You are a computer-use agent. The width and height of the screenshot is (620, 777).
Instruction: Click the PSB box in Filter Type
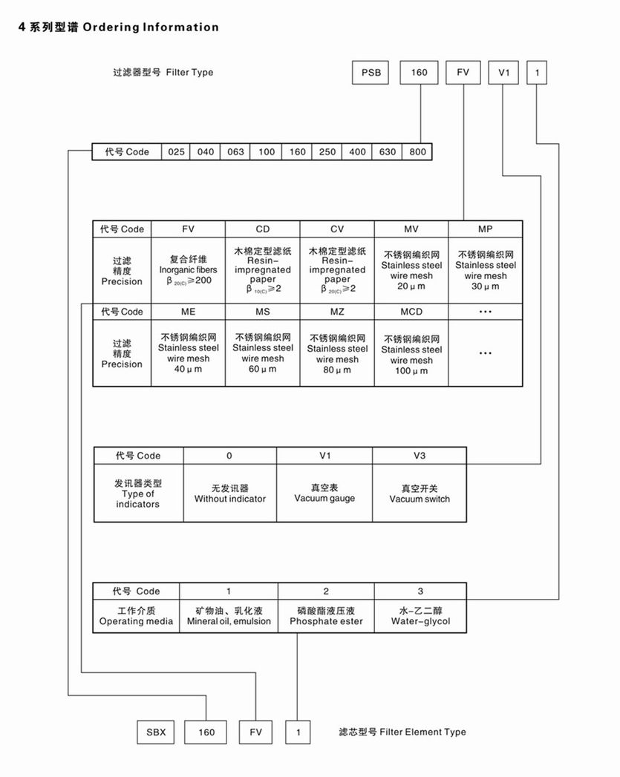pyautogui.click(x=371, y=73)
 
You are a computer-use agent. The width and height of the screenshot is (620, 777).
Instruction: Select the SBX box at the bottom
pyautogui.click(x=156, y=732)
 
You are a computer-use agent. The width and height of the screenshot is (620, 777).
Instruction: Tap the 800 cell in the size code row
pyautogui.click(x=417, y=152)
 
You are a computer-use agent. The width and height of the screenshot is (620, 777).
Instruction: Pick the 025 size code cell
pyautogui.click(x=176, y=152)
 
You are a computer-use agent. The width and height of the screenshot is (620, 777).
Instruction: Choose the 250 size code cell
pyautogui.click(x=327, y=152)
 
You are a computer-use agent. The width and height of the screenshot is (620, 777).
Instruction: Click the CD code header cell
pyautogui.click(x=263, y=229)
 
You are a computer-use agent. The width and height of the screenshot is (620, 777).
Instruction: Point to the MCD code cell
pyautogui.click(x=411, y=312)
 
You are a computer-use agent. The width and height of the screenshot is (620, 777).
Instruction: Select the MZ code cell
pyautogui.click(x=337, y=312)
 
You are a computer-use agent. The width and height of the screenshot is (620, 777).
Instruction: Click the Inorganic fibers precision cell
pyautogui.click(x=189, y=271)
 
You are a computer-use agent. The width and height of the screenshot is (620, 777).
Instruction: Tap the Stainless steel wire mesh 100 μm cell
pyautogui.click(x=411, y=353)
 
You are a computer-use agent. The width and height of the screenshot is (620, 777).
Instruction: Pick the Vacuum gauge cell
pyautogui.click(x=324, y=494)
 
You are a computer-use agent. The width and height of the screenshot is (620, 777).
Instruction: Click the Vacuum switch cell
pyautogui.click(x=420, y=494)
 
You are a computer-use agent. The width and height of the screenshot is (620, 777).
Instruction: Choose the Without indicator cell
pyautogui.click(x=230, y=494)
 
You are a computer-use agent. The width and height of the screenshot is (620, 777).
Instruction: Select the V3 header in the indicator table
pyautogui.click(x=420, y=456)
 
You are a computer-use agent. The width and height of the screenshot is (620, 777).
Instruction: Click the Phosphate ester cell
pyautogui.click(x=326, y=616)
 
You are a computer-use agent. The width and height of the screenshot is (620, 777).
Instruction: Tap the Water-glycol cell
pyautogui.click(x=420, y=616)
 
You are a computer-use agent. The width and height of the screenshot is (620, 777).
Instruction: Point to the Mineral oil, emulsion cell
pyautogui.click(x=229, y=616)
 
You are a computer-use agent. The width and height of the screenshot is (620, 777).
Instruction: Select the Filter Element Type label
pyautogui.click(x=402, y=732)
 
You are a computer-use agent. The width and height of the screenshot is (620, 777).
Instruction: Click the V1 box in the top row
pyautogui.click(x=503, y=73)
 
